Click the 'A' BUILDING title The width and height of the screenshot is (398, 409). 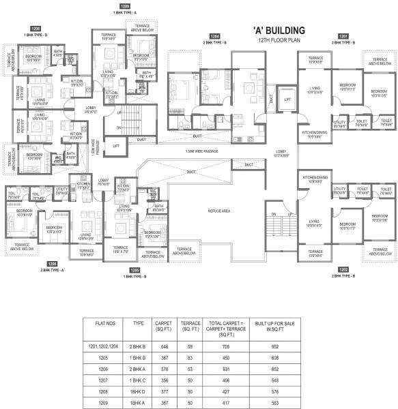[x=273, y=31]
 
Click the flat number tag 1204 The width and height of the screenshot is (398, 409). [x=215, y=35]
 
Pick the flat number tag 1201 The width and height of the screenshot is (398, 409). [x=342, y=35]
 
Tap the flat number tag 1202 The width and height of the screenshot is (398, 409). [x=342, y=270]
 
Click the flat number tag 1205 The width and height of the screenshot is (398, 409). [x=135, y=270]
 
